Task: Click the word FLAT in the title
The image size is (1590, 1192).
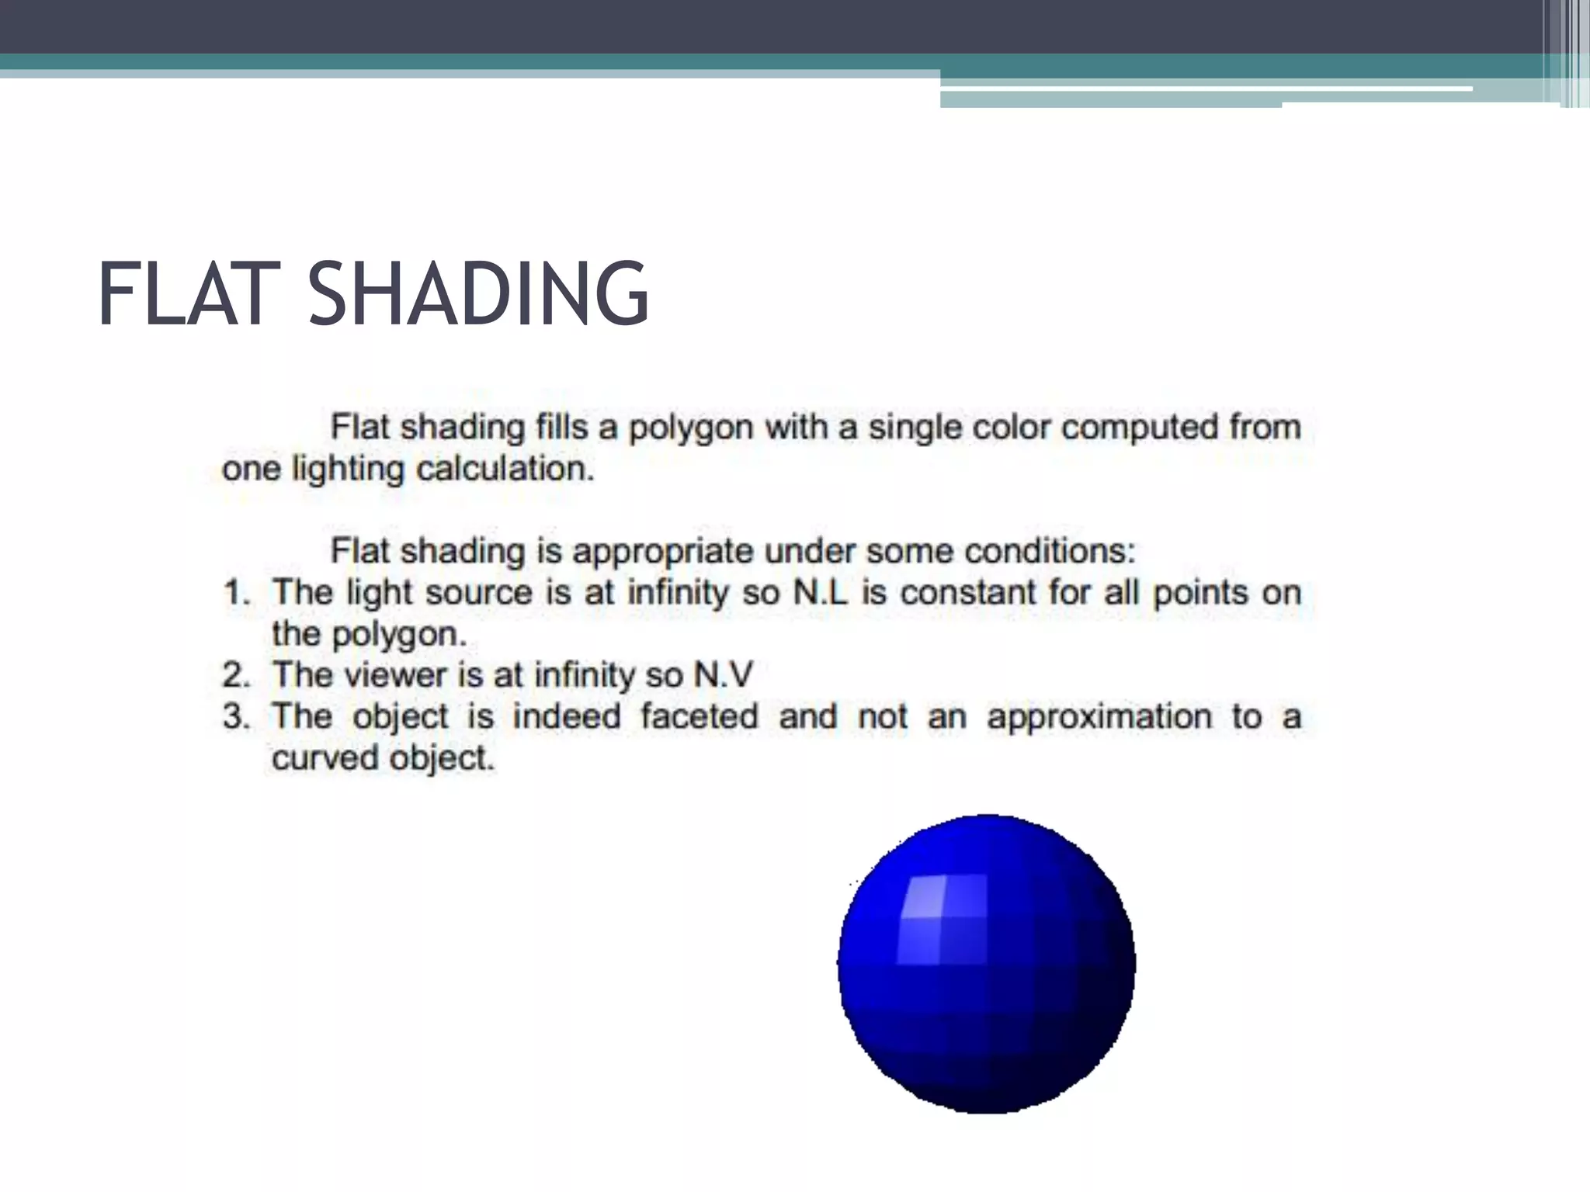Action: tap(188, 294)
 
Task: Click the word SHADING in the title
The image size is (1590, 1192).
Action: tap(477, 294)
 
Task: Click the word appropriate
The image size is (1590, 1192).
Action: tap(663, 553)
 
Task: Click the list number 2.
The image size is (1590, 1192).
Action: tap(235, 675)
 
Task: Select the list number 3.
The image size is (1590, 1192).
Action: tap(235, 716)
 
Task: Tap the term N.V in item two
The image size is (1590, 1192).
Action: tap(723, 675)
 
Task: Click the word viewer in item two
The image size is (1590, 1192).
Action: tap(396, 675)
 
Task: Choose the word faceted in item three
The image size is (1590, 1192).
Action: tap(699, 716)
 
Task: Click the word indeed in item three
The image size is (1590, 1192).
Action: tap(567, 716)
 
